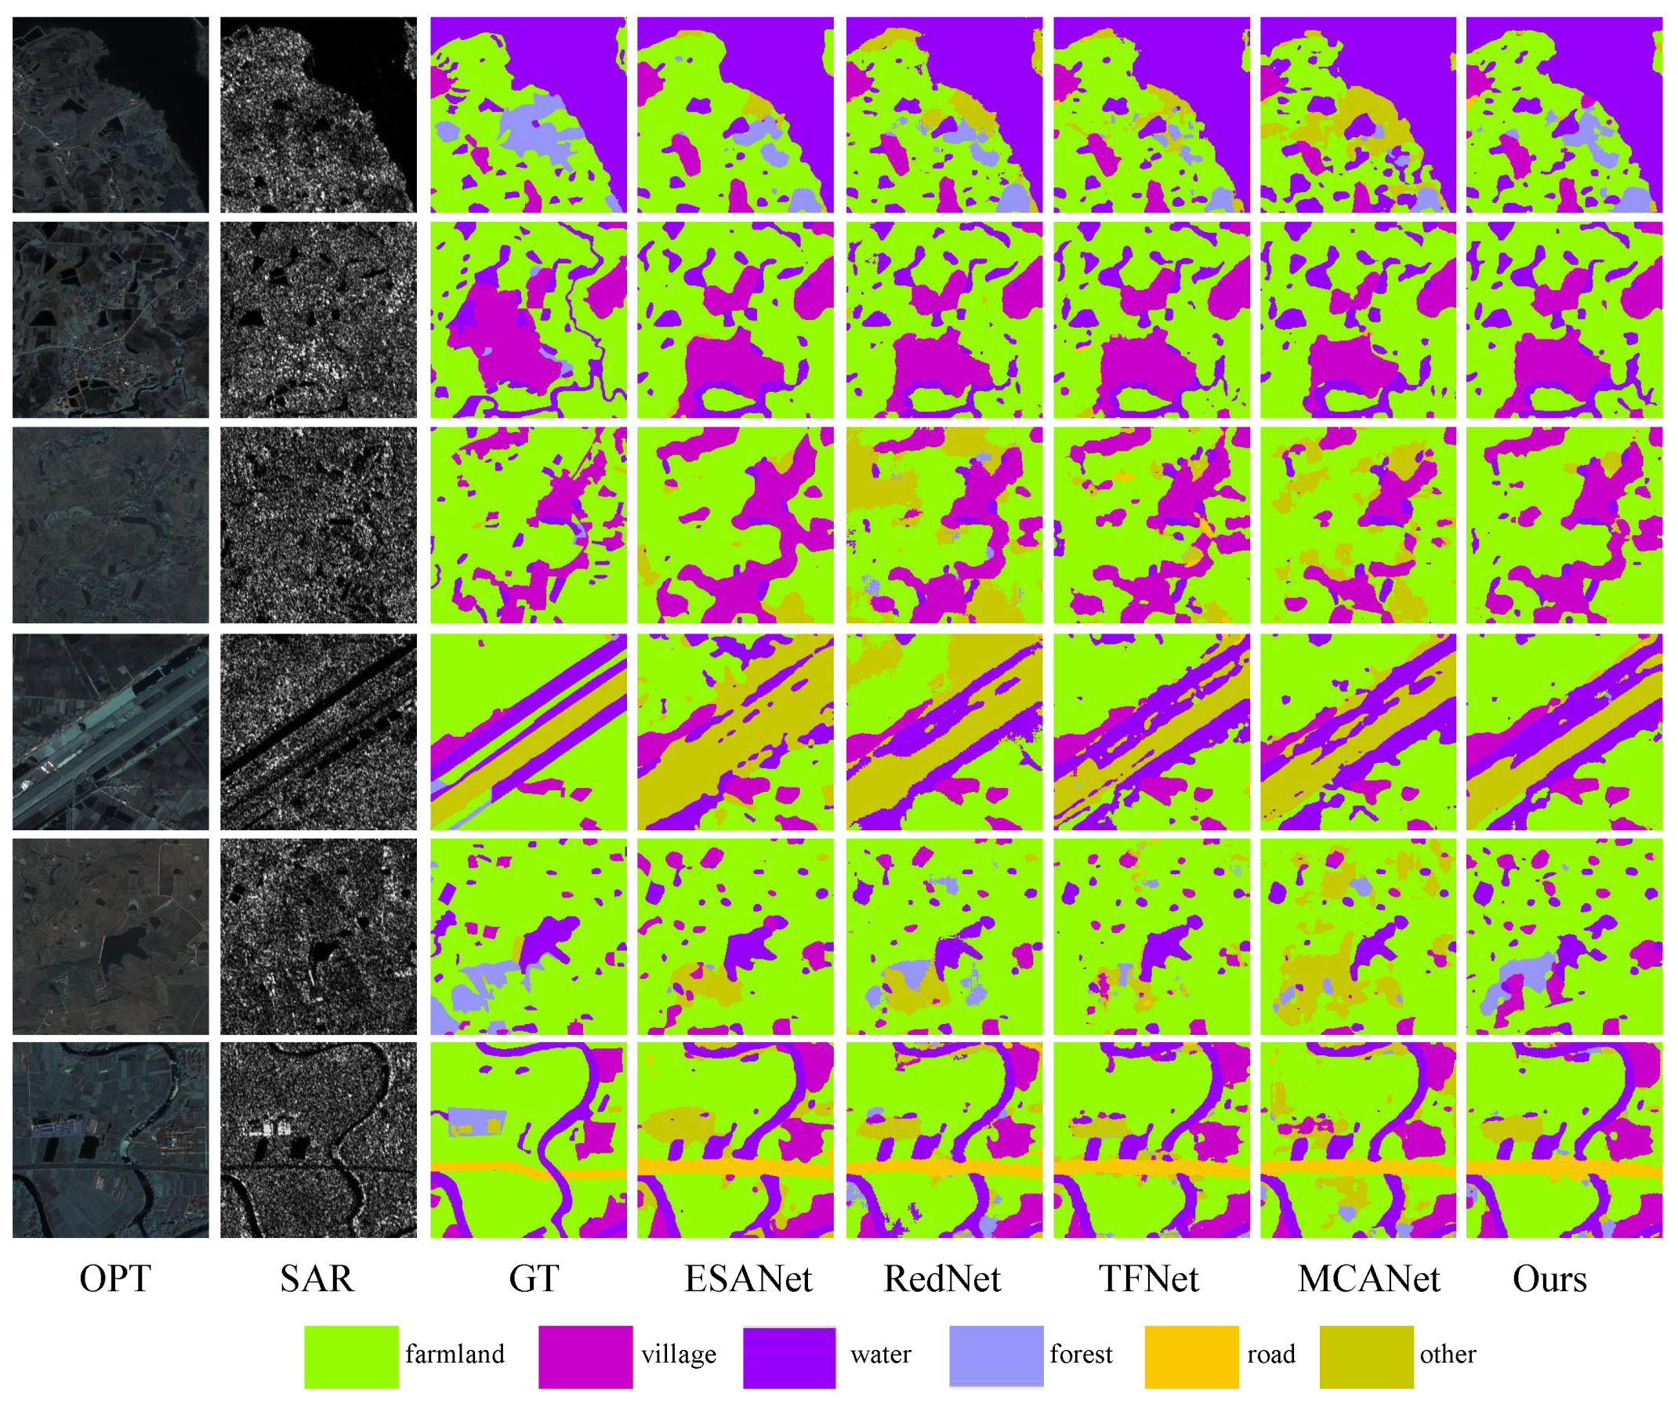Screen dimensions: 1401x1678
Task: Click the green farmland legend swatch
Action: click(351, 1357)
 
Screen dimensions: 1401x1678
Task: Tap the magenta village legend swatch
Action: click(585, 1357)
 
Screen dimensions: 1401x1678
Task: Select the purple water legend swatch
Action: click(789, 1357)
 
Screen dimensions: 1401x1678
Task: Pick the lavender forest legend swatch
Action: click(996, 1357)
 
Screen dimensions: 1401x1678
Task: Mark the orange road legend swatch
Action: click(1191, 1357)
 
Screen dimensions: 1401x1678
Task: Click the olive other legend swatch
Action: click(1366, 1357)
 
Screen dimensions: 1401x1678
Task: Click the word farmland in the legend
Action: click(455, 1355)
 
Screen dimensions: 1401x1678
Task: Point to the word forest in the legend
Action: click(1080, 1355)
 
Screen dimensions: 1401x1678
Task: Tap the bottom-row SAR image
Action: click(318, 1140)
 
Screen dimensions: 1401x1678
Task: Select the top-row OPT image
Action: click(111, 114)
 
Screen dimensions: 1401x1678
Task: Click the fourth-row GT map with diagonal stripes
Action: click(528, 732)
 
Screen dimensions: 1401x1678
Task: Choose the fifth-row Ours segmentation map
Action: click(1564, 936)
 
